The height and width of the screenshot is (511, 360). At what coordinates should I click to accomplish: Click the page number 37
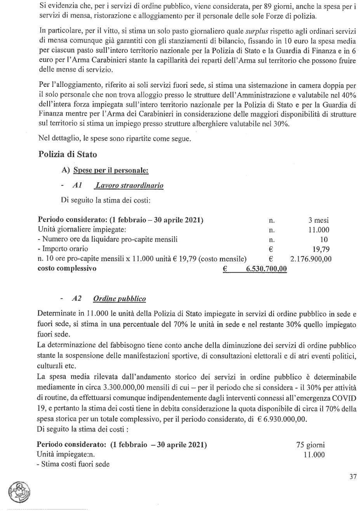[353, 476]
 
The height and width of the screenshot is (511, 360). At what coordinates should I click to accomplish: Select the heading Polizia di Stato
[68, 154]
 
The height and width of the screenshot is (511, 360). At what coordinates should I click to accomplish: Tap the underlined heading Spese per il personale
[111, 170]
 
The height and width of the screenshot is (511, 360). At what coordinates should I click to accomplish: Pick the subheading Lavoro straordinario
[129, 185]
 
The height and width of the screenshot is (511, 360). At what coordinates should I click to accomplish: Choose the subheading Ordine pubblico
[119, 299]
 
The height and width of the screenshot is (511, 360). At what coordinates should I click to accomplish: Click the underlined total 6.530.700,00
[266, 269]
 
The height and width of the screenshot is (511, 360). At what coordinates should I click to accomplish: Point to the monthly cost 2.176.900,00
[311, 259]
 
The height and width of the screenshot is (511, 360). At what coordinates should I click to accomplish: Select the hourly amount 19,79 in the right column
[321, 249]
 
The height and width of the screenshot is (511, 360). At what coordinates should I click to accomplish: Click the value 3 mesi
[318, 220]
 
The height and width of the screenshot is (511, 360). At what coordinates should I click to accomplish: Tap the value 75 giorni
[310, 445]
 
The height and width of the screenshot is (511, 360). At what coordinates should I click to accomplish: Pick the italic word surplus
[257, 31]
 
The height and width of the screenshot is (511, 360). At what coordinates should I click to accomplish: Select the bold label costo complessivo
[67, 268]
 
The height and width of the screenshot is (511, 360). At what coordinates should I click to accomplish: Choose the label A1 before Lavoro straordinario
[77, 185]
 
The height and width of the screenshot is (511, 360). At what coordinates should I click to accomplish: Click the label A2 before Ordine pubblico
[77, 299]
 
